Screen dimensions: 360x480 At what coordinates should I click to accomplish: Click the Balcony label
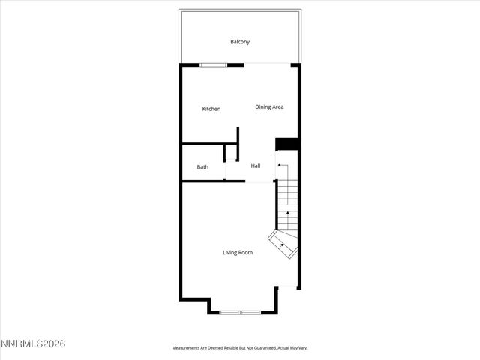(240, 42)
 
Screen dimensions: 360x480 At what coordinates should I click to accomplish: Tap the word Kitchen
(211, 109)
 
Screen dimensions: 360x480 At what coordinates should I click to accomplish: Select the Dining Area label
(269, 107)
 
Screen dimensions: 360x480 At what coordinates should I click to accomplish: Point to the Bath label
(202, 167)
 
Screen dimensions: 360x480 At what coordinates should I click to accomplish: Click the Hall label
(256, 166)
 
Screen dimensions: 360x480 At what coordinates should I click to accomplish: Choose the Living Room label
(238, 253)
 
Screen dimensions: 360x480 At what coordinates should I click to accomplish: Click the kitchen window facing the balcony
(213, 65)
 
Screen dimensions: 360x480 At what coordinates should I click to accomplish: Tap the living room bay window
(240, 311)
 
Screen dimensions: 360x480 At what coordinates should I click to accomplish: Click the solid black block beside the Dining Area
(287, 145)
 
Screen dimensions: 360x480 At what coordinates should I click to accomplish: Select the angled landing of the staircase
(285, 244)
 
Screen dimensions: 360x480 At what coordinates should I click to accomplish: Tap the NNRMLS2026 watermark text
(34, 343)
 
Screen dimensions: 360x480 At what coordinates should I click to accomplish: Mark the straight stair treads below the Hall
(287, 206)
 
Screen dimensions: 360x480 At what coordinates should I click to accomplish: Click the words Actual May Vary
(293, 348)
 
